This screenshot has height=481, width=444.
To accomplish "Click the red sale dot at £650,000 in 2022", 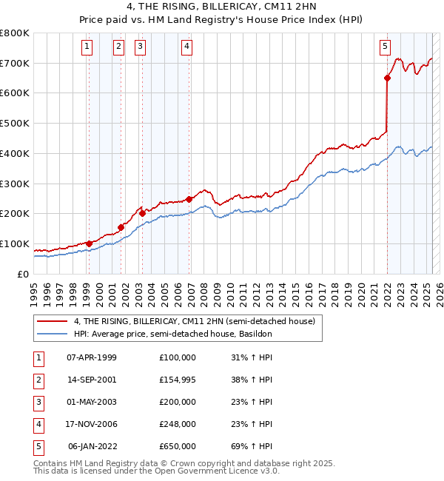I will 387,77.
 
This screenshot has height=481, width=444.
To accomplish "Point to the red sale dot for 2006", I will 189,198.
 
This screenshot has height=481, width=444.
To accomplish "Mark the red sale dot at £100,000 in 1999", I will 89,243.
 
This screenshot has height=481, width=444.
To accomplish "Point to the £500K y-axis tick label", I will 15,123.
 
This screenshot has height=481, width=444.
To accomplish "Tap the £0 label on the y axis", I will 22,274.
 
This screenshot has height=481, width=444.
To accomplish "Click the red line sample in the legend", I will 53,321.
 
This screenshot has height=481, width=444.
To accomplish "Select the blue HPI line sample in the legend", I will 53,334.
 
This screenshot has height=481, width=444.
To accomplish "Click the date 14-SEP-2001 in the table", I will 92,380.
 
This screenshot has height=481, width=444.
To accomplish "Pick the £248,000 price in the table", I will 178,424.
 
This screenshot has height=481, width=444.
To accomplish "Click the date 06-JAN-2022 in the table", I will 92,446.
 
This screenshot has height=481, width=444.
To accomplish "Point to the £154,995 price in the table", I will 178,380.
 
